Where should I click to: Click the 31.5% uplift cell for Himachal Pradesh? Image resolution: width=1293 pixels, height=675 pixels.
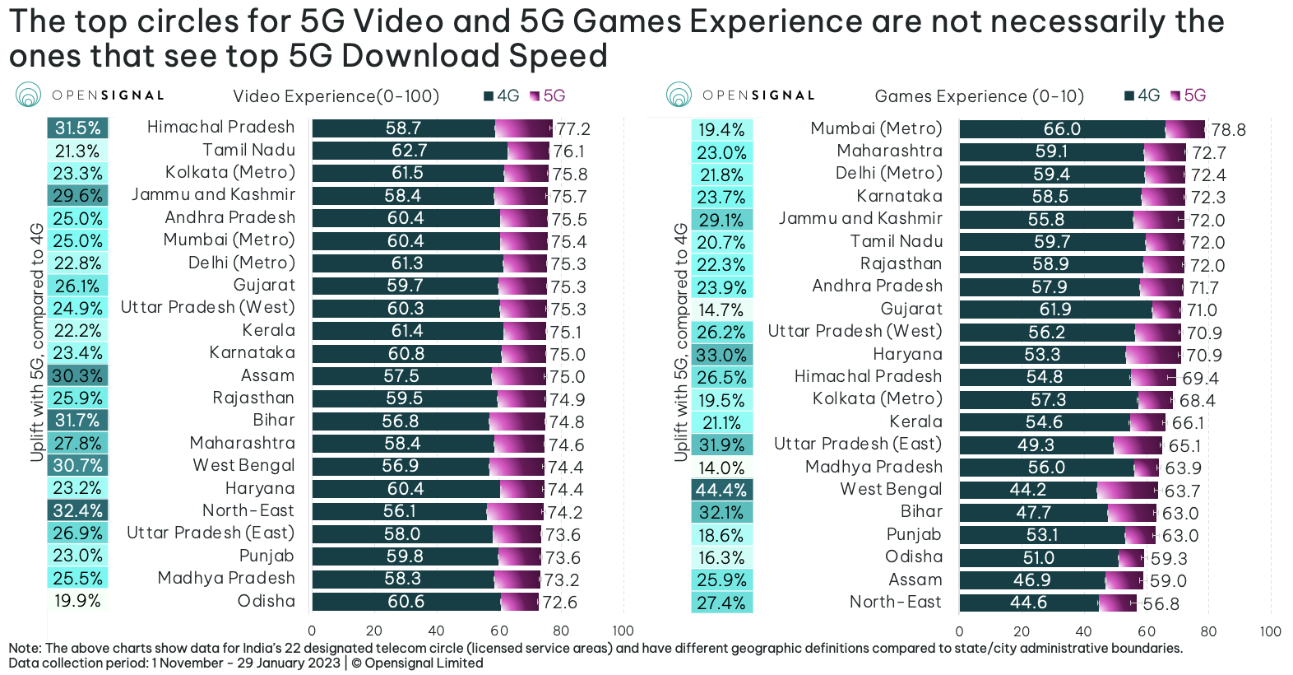pos(77,128)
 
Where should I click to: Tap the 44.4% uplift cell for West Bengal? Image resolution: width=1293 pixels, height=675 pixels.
pos(721,491)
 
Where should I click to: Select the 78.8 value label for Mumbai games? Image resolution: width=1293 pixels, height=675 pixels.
pos(1228,130)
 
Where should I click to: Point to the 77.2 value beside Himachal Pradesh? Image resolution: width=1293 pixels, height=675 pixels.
pos(573,129)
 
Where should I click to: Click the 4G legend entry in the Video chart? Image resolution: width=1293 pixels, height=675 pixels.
pos(502,96)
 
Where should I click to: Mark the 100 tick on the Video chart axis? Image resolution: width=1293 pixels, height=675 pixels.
pos(623,631)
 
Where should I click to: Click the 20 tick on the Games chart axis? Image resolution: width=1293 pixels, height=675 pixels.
pos(1022,631)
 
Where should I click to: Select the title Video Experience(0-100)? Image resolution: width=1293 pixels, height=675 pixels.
pos(336,96)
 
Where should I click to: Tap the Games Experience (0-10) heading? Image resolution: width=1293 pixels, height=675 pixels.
pos(979,96)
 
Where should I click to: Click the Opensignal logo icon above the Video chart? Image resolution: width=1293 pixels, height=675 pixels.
pos(28,95)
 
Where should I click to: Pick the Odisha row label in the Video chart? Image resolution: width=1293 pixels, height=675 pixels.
pos(266,601)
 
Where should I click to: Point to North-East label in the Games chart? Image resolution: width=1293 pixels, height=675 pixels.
pos(895,602)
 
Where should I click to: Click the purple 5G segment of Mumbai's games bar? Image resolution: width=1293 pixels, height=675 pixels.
pos(1184,129)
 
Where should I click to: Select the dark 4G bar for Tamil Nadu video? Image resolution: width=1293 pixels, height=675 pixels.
pos(410,151)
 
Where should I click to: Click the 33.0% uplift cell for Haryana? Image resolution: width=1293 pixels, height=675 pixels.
pos(721,356)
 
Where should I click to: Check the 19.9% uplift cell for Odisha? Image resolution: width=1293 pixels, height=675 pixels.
pos(77,601)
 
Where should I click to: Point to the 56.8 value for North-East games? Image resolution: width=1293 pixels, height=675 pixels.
pos(1161,604)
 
